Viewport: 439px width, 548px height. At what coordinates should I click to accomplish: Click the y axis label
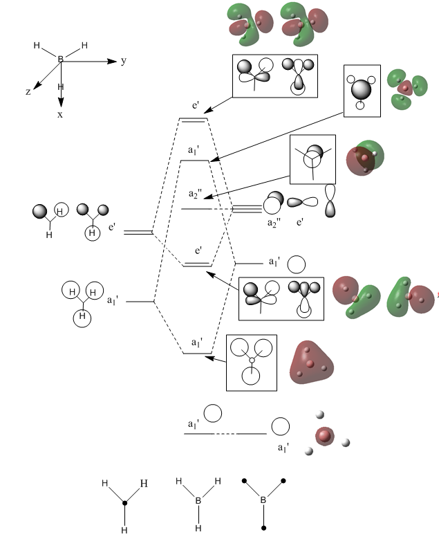pyautogui.click(x=124, y=61)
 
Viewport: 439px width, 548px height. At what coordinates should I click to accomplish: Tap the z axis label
pyautogui.click(x=28, y=91)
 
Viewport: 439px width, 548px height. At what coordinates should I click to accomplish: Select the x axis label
pyautogui.click(x=60, y=114)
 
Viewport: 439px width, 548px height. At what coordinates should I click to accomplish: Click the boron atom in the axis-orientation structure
pyautogui.click(x=60, y=60)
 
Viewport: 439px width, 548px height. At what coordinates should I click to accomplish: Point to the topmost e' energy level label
pyautogui.click(x=196, y=107)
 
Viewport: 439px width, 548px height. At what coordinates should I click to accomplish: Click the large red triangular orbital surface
pyautogui.click(x=310, y=360)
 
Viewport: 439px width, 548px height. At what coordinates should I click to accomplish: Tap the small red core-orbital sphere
pyautogui.click(x=324, y=437)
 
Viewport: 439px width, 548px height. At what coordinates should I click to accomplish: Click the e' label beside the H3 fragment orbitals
pyautogui.click(x=113, y=226)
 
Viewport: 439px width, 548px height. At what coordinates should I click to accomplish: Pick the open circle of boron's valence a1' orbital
pyautogui.click(x=296, y=264)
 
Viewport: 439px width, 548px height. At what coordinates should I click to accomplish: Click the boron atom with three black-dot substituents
pyautogui.click(x=263, y=500)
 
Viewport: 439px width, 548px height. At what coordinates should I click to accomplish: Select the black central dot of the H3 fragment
pyautogui.click(x=124, y=504)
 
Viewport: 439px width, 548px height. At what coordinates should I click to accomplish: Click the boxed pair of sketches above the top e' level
pyautogui.click(x=275, y=75)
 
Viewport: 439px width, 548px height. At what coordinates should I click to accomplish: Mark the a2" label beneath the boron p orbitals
pyautogui.click(x=276, y=223)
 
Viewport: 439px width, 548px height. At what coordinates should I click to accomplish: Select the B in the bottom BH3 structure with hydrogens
pyautogui.click(x=198, y=500)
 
